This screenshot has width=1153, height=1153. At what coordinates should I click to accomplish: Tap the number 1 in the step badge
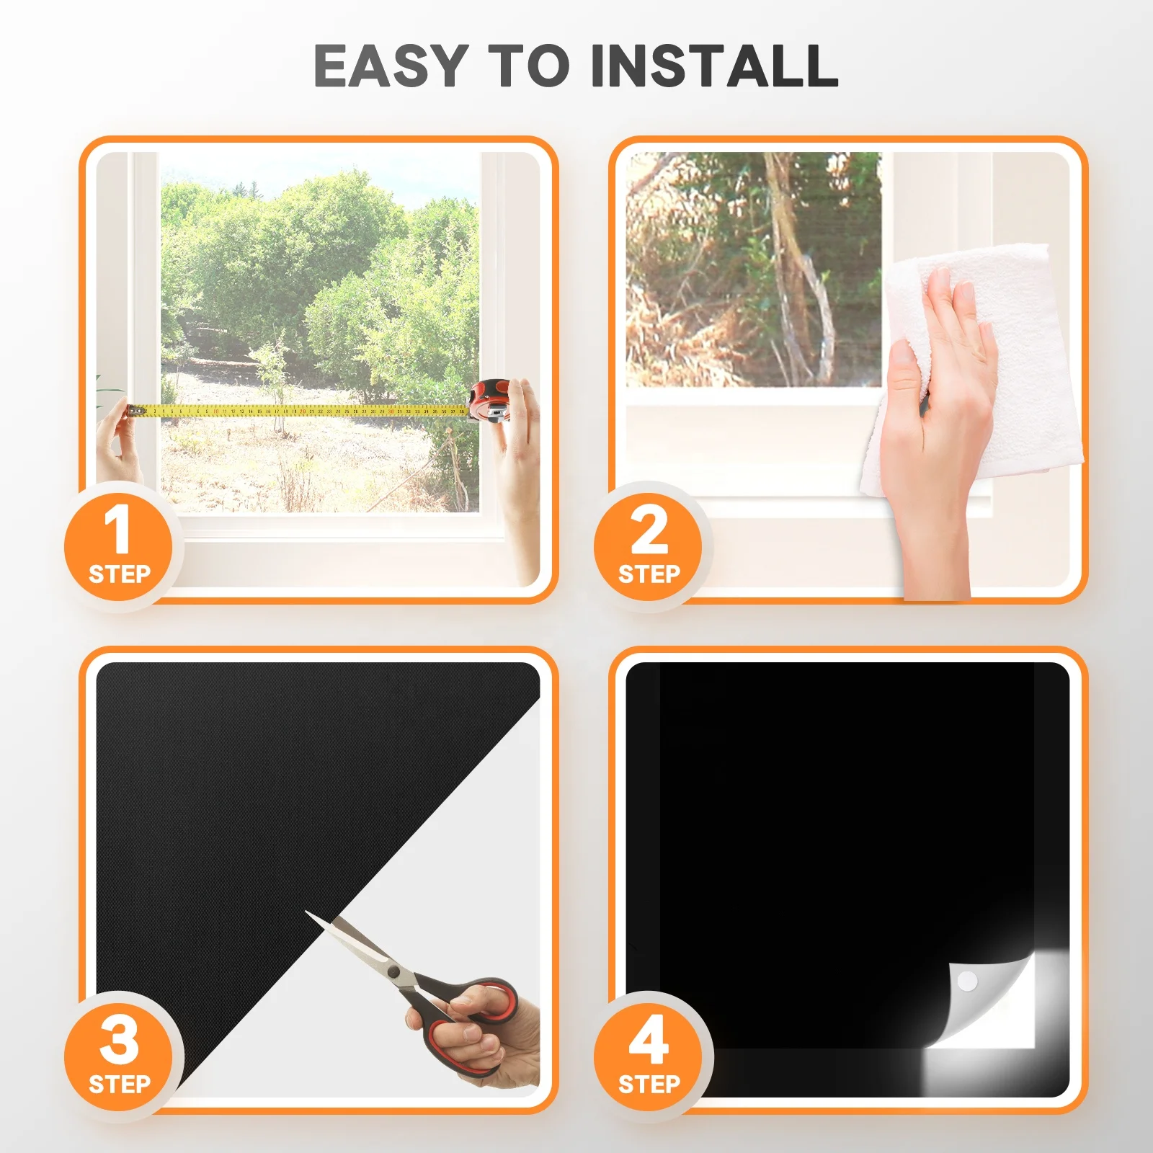click(x=117, y=530)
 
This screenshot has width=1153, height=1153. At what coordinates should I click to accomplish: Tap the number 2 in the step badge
click(x=649, y=530)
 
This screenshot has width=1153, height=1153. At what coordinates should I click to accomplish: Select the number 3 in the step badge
click(x=119, y=1040)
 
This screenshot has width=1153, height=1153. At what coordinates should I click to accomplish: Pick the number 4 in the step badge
click(x=648, y=1040)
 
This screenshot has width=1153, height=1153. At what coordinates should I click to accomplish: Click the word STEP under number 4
click(x=649, y=1084)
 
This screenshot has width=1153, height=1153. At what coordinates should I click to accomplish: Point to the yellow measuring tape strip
click(x=303, y=411)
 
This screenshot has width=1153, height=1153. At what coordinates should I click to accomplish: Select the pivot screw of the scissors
click(x=393, y=972)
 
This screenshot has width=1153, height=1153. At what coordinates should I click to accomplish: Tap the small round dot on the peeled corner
click(x=967, y=981)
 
